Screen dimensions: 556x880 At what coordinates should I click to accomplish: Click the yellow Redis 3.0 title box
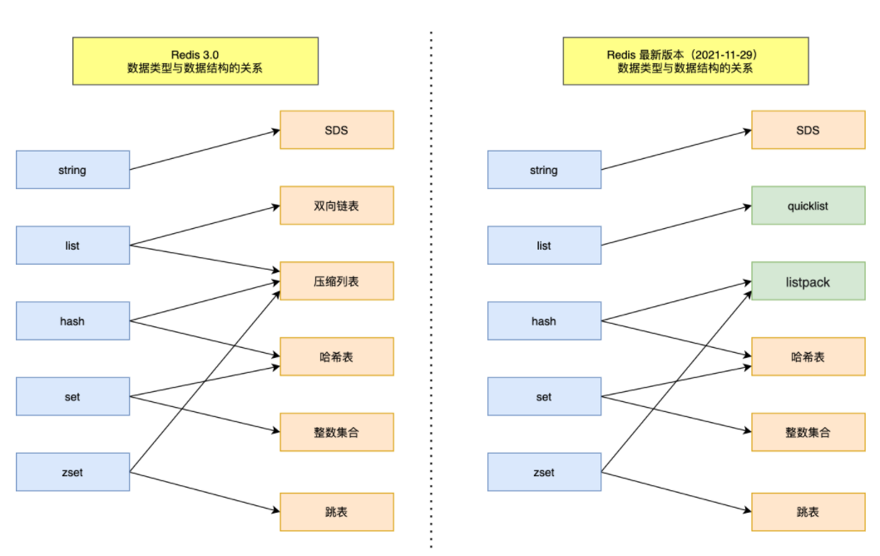(x=195, y=61)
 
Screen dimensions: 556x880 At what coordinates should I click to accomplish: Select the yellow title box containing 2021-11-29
(x=685, y=61)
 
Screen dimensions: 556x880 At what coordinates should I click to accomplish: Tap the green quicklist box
(x=808, y=206)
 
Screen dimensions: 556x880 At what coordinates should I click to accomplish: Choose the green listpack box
(x=808, y=281)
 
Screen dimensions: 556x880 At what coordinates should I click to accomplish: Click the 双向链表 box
(x=336, y=206)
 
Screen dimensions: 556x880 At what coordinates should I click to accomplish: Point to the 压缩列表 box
(x=336, y=281)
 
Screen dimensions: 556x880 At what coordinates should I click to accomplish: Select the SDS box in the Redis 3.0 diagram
(x=336, y=130)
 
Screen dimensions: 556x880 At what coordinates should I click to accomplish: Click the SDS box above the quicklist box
(x=808, y=130)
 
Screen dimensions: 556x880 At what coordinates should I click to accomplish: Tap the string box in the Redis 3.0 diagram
(x=72, y=170)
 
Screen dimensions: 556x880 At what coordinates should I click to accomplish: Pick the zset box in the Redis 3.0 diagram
(x=72, y=472)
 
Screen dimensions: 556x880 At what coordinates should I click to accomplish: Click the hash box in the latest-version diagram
(x=544, y=321)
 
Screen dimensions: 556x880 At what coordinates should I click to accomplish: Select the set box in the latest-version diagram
(x=544, y=397)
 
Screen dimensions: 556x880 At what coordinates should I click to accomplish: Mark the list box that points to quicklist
(x=544, y=246)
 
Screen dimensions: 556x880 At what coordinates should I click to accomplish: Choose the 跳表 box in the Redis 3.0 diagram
(x=336, y=512)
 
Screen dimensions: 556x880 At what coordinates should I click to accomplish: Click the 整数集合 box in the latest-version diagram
(x=808, y=433)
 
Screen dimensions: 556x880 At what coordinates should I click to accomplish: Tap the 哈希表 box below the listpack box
(x=808, y=356)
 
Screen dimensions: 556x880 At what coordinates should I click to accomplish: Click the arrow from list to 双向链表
(x=204, y=226)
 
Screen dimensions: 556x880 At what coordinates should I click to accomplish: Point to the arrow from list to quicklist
(x=675, y=226)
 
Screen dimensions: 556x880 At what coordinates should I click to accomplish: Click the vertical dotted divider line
(x=431, y=291)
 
